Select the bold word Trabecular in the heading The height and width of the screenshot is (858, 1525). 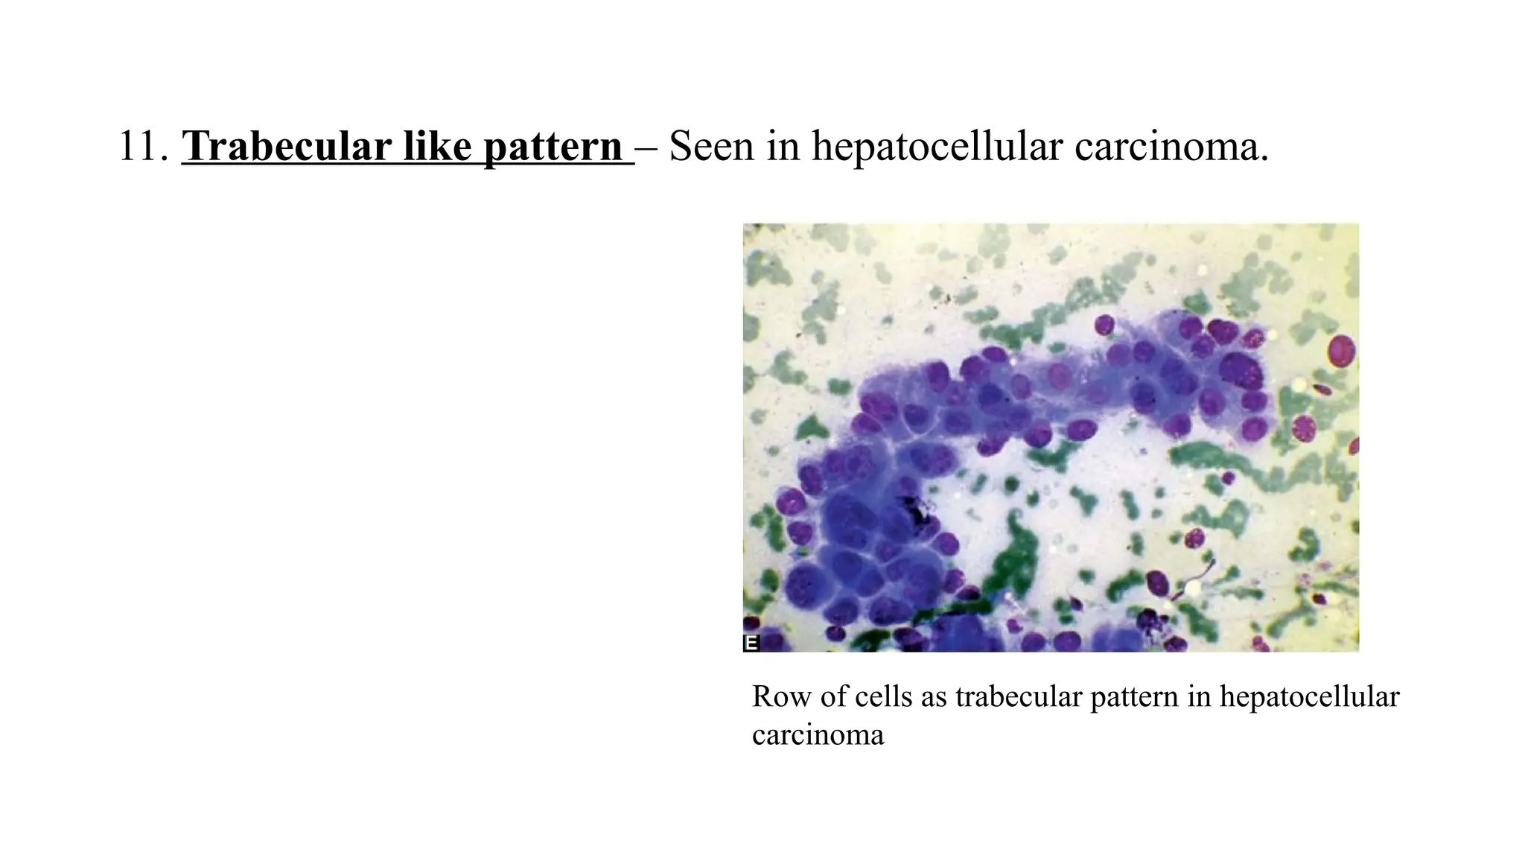[287, 146]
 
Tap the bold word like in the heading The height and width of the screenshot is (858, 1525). [436, 146]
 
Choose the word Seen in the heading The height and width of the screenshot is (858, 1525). [711, 146]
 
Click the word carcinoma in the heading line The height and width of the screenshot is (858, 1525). [1171, 146]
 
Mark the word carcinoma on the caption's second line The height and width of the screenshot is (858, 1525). [818, 735]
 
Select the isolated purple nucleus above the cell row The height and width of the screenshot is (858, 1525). [1104, 325]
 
